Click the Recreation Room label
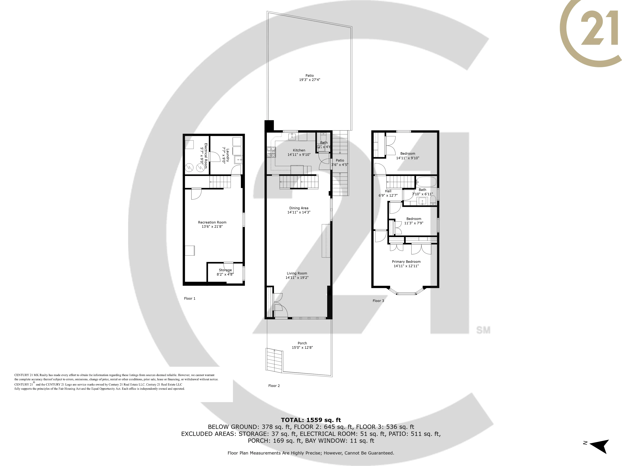tap(212, 222)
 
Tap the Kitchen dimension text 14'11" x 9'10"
tap(299, 155)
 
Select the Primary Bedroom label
tap(406, 262)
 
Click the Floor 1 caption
tap(190, 298)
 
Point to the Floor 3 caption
tap(378, 301)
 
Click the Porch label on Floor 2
tap(302, 343)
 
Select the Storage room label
tap(225, 270)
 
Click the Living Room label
tap(297, 273)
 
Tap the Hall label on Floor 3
tap(388, 191)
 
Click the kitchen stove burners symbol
tap(271, 152)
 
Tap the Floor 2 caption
tap(274, 386)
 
